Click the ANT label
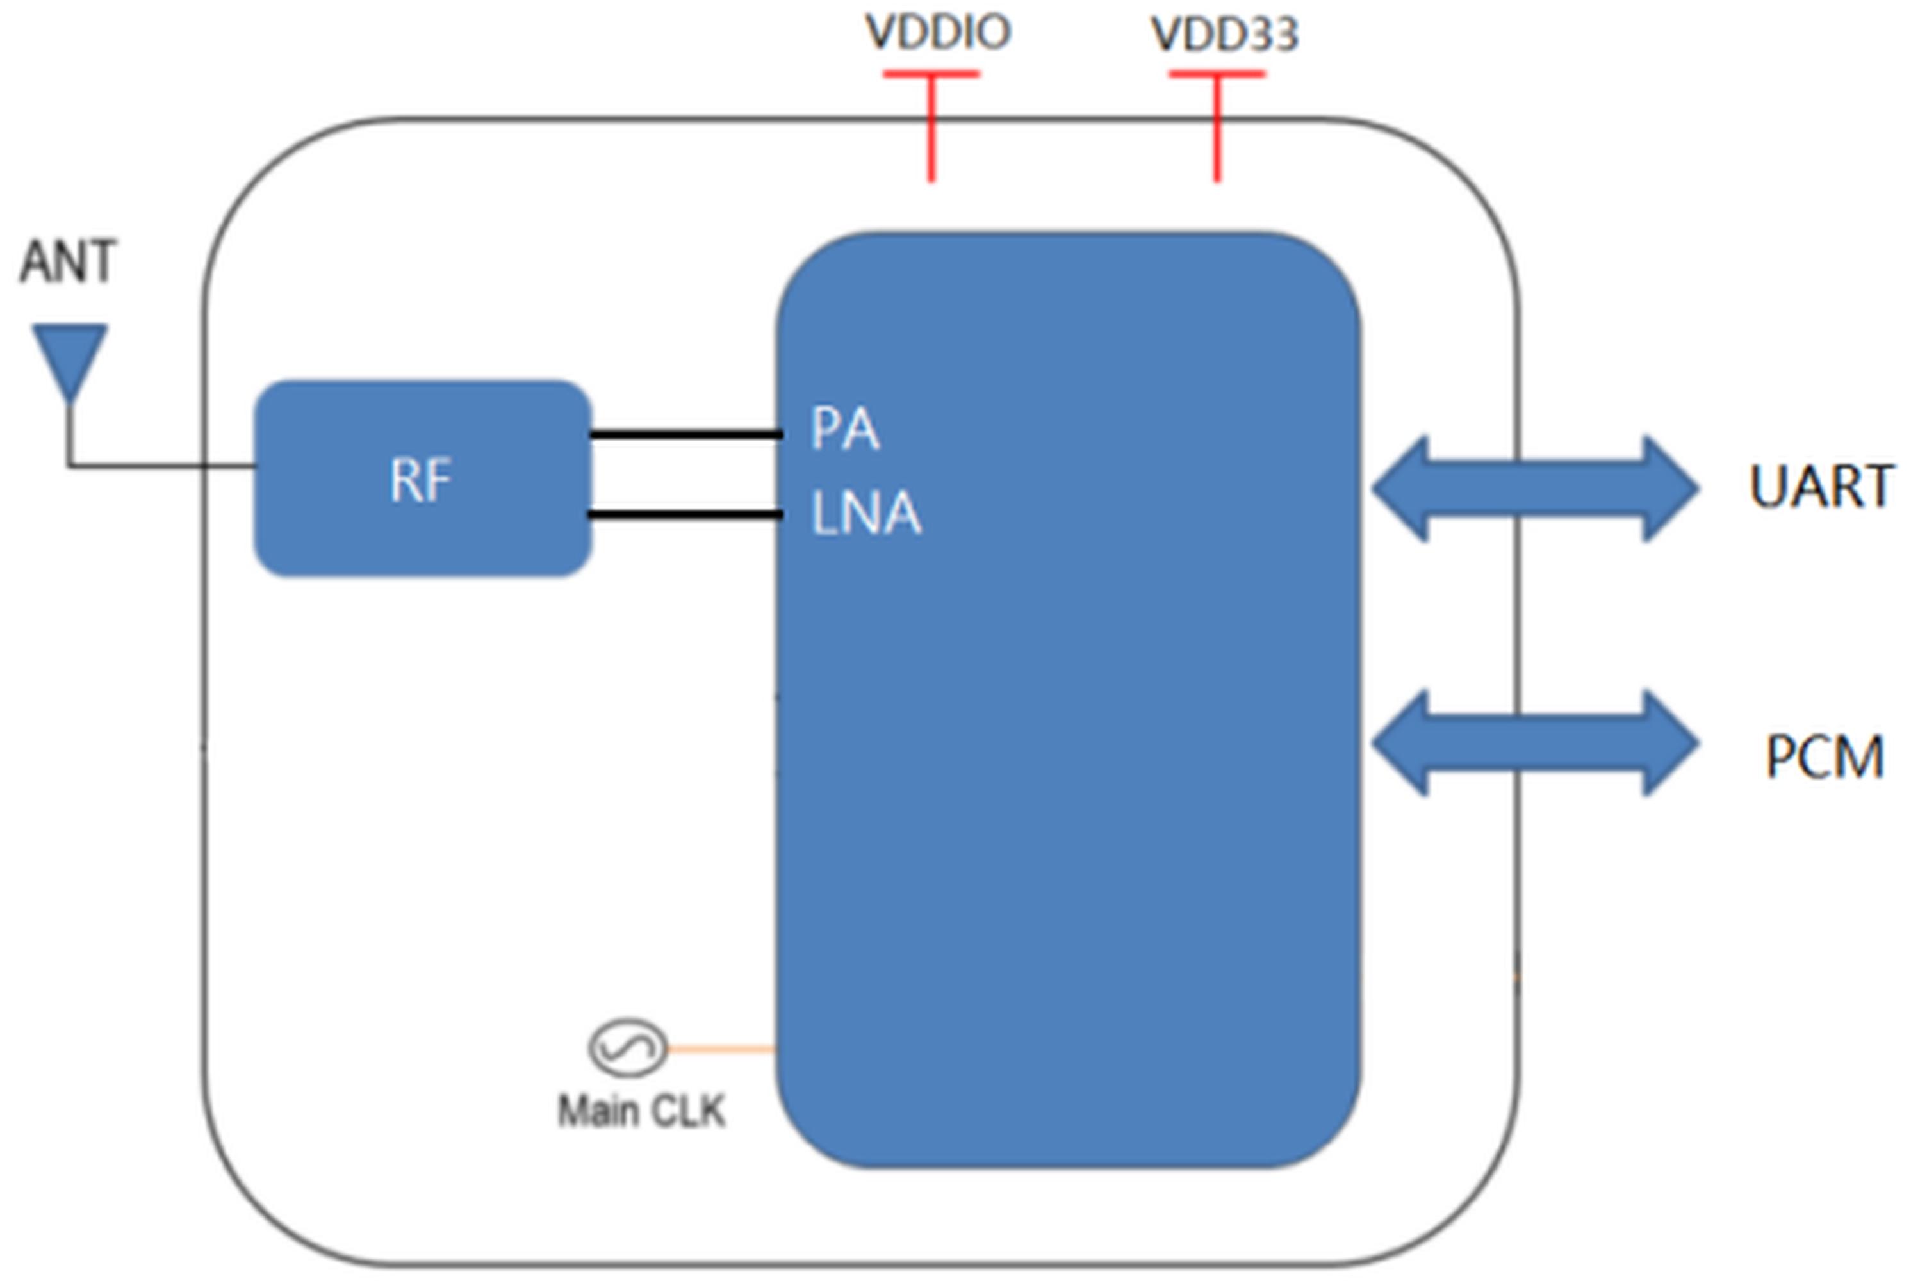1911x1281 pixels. point(68,261)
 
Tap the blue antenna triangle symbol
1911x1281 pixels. point(69,356)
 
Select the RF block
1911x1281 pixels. point(422,478)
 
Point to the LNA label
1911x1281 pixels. point(866,514)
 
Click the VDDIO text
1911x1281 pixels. point(938,33)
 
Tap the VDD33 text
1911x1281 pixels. point(1224,35)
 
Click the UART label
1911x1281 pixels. point(1820,487)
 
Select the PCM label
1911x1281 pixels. point(1825,757)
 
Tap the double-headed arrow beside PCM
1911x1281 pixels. point(1534,742)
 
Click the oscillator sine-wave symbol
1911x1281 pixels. point(627,1047)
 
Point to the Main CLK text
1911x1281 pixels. point(641,1112)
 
